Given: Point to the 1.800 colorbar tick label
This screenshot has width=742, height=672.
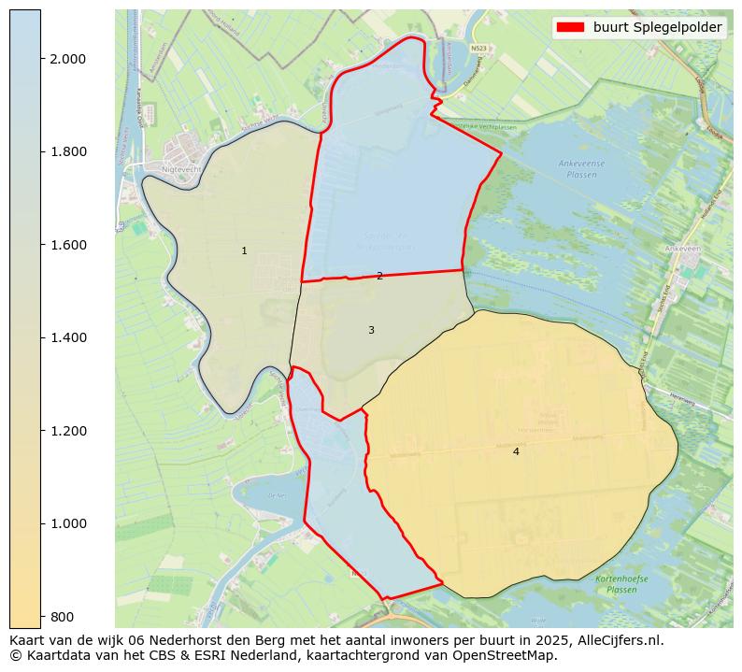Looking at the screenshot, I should (x=67, y=151).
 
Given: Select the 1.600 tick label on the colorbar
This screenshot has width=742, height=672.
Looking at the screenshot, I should (x=67, y=245).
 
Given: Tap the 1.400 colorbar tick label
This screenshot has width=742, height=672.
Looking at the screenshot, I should (x=67, y=337).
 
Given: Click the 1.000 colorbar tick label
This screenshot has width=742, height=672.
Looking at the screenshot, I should (x=67, y=523).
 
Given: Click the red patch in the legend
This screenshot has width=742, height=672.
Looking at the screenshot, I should (x=570, y=27).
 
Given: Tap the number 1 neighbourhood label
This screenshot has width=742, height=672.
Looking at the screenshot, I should (x=244, y=250).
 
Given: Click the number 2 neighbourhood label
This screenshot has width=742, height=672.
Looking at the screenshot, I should (x=379, y=276).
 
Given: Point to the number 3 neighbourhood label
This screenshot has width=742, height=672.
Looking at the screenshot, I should (x=371, y=330).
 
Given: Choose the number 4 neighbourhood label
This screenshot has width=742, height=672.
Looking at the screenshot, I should (x=516, y=451).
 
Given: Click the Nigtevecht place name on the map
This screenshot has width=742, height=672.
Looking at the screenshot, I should (x=180, y=170).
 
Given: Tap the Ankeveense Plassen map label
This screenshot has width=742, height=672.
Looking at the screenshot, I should (x=581, y=168).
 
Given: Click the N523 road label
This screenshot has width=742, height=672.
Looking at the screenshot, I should (x=478, y=48).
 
